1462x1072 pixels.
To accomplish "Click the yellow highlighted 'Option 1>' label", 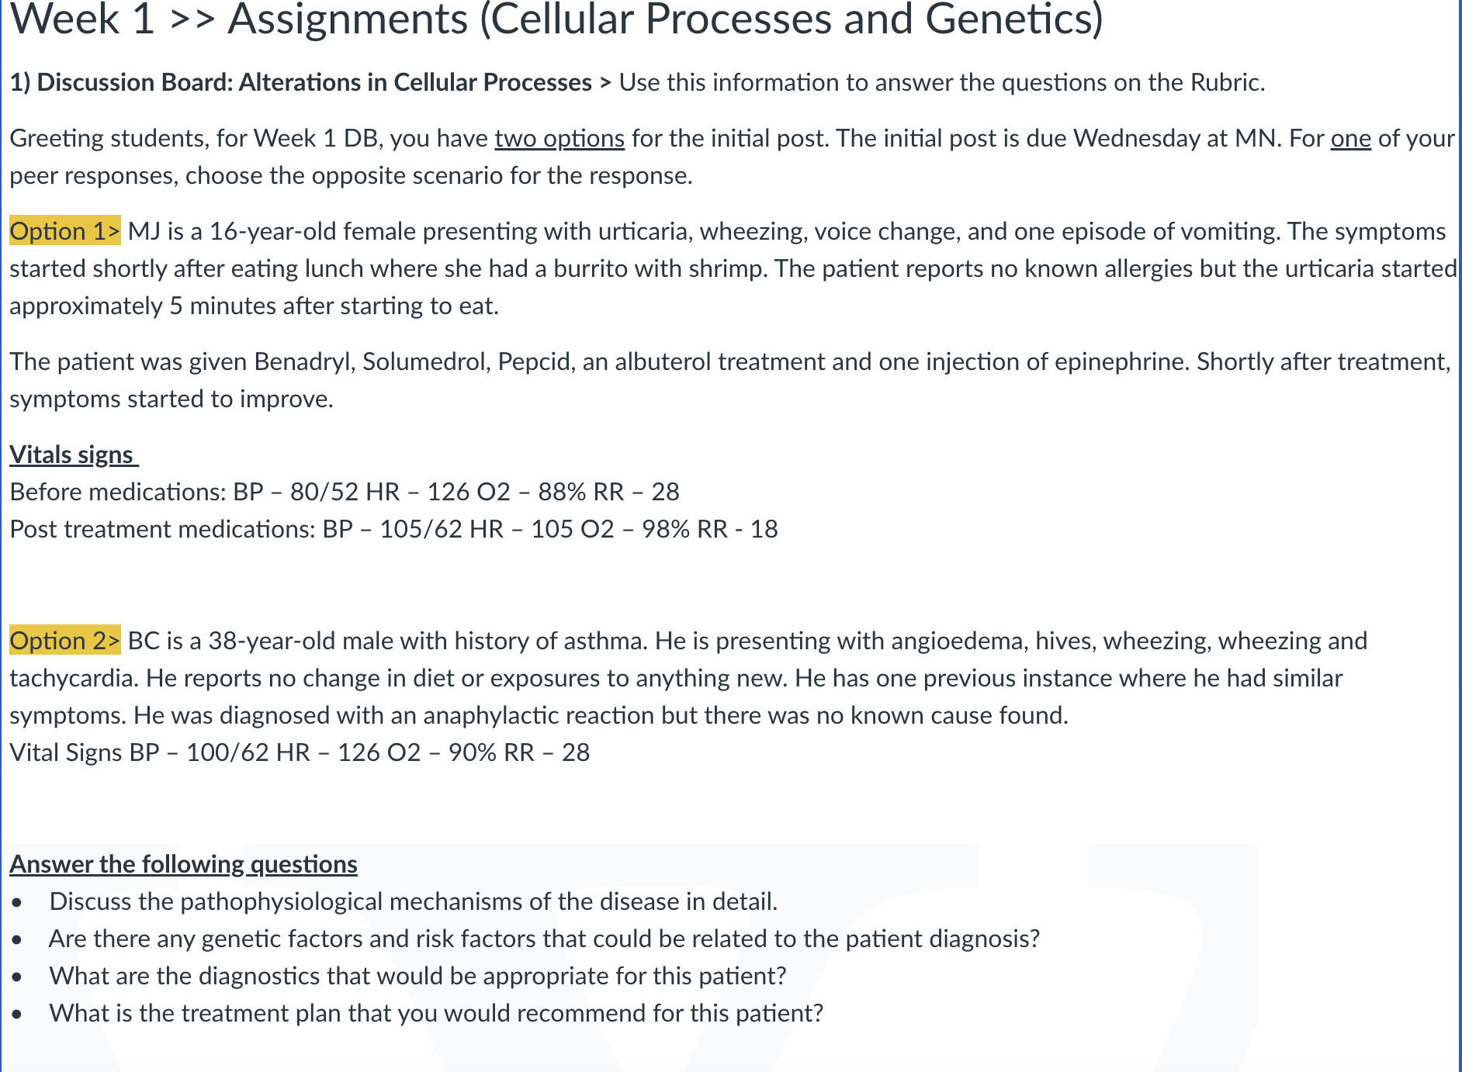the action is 65,231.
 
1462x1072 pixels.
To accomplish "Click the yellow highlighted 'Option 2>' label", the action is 65,641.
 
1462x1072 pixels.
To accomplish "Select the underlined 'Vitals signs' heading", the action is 74,455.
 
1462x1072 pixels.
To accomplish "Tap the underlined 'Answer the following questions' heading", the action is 183,864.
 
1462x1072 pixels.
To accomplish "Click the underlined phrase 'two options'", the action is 560,138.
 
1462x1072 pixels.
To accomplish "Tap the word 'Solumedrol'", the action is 427,362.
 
